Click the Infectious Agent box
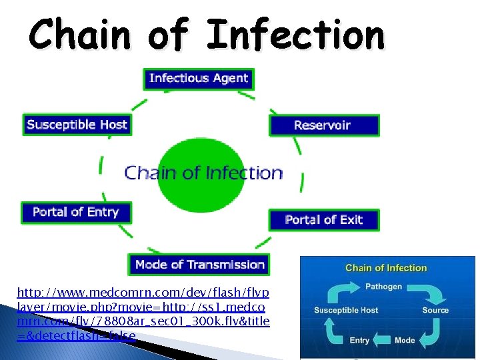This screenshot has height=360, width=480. (199, 79)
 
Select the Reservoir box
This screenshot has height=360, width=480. (323, 125)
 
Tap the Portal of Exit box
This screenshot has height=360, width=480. (323, 220)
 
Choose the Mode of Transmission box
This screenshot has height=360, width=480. (199, 265)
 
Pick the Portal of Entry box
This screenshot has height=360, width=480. (76, 213)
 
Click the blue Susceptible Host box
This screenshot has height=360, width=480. (77, 125)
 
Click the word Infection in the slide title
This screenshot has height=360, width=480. (295, 35)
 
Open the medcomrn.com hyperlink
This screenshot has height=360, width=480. (143, 314)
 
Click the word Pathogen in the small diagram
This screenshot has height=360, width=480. (383, 287)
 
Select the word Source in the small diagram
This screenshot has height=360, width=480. (435, 311)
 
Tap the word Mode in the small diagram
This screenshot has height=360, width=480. (405, 340)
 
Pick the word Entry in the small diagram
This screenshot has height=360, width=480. (359, 340)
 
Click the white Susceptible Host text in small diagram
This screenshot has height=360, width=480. (346, 311)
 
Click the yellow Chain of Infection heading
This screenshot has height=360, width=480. (386, 268)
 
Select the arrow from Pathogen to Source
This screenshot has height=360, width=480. (425, 291)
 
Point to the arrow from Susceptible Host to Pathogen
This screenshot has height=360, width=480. (344, 291)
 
